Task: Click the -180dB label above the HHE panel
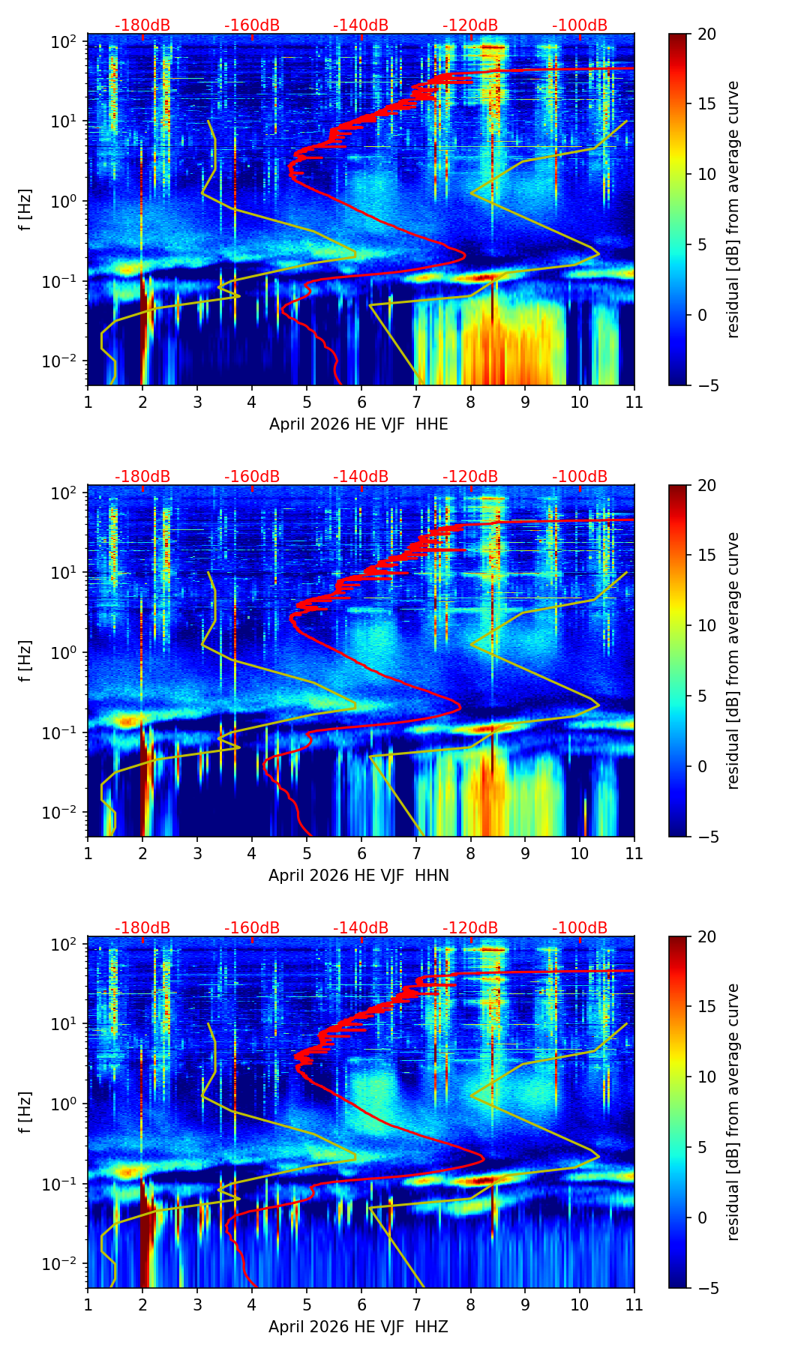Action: [x=142, y=25]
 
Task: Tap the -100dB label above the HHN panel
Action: [x=580, y=477]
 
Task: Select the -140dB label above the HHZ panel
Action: [x=361, y=928]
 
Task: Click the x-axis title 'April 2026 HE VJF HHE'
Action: [x=358, y=424]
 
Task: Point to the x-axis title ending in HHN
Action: [x=358, y=876]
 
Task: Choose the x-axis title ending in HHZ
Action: [x=358, y=1327]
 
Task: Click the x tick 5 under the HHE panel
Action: [x=307, y=402]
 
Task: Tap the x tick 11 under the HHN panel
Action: [x=634, y=853]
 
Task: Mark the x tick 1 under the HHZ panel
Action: [x=88, y=1305]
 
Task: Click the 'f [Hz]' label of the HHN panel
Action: [x=25, y=661]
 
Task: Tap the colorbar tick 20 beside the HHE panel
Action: [x=706, y=34]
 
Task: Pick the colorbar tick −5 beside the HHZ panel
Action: [x=705, y=1288]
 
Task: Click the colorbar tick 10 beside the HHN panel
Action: [x=706, y=625]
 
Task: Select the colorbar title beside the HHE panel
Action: [x=733, y=210]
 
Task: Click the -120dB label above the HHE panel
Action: [x=470, y=25]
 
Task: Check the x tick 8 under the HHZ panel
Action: [x=470, y=1305]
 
